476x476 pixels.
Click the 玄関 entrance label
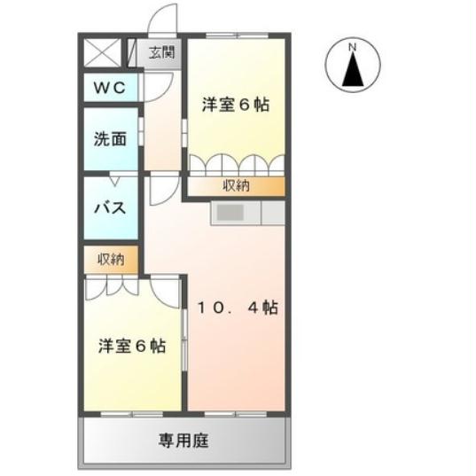[161, 52]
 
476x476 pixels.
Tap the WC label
[111, 89]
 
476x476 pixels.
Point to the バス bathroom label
[111, 209]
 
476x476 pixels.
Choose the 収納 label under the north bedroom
[235, 186]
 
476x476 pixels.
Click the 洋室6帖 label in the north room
[235, 105]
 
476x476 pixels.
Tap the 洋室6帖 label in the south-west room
[131, 346]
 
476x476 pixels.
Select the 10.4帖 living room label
[238, 308]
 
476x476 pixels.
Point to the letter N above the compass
[352, 46]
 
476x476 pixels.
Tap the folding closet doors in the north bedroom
[235, 165]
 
